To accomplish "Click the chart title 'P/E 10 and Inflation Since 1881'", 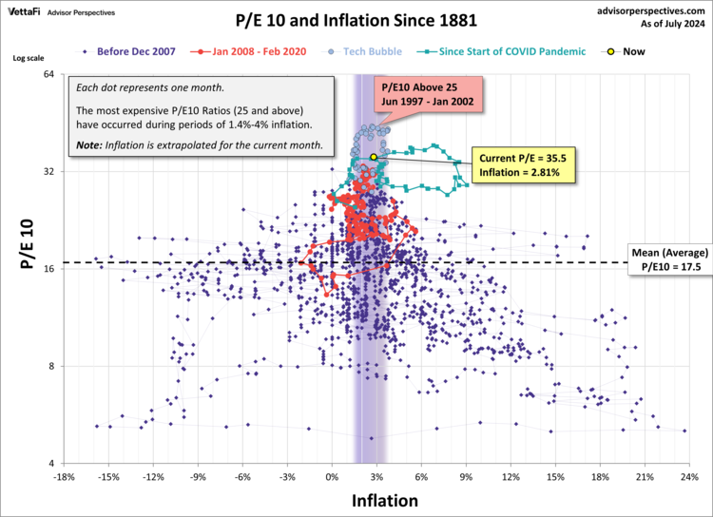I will [356, 19].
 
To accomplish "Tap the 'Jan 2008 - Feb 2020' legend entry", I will [249, 52].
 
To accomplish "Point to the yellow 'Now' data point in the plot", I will [374, 157].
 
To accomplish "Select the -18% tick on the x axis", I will [65, 476].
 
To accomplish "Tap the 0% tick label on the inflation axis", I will [333, 476].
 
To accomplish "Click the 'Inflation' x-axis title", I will [384, 499].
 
